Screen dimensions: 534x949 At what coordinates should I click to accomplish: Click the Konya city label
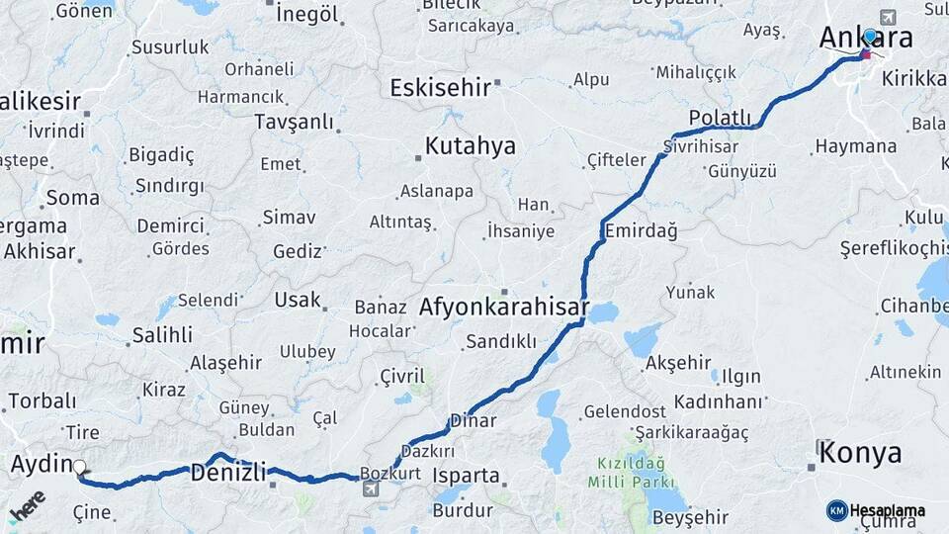(859, 453)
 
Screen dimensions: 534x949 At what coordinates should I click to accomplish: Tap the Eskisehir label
(440, 88)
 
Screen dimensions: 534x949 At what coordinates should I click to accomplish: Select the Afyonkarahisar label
(504, 308)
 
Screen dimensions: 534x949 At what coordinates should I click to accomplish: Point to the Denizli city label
(228, 473)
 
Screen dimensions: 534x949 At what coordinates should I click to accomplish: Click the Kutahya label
(470, 146)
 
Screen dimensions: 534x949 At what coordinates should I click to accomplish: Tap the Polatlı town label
(720, 119)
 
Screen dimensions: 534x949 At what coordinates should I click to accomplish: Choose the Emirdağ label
(641, 231)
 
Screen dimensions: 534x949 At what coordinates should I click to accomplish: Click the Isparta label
(466, 476)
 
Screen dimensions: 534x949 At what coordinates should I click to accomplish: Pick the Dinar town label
(473, 421)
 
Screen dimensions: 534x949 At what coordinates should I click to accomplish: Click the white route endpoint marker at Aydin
(79, 468)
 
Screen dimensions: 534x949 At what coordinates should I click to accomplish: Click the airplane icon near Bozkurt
(370, 489)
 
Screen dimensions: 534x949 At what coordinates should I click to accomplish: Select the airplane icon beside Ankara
(888, 18)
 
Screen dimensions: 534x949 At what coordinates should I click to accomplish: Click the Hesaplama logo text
(887, 510)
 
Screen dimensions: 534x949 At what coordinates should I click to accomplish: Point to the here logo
(27, 504)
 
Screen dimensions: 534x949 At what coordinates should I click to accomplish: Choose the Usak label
(298, 300)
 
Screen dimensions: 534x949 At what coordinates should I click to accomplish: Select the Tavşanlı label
(294, 122)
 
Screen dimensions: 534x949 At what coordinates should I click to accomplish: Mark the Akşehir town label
(678, 363)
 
